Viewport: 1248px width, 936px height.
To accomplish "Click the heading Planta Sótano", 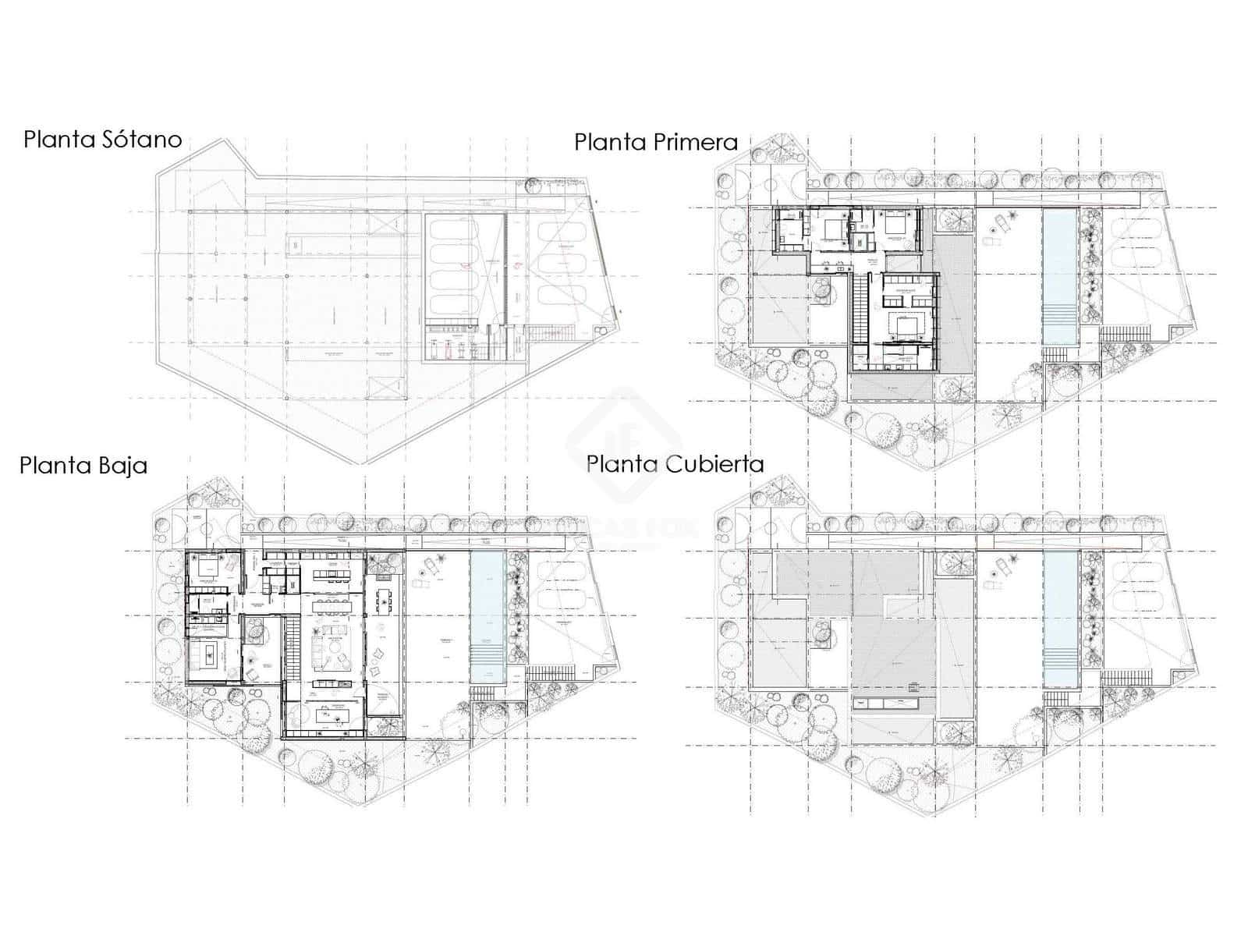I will (x=102, y=140).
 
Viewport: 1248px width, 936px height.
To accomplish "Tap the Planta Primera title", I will (x=655, y=142).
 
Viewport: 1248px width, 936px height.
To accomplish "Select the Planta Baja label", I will (x=83, y=466).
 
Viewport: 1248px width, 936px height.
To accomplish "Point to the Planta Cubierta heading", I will (x=675, y=463).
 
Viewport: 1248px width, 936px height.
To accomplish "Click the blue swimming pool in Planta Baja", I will (x=487, y=601).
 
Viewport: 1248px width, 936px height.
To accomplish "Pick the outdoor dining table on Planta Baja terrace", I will (x=384, y=599).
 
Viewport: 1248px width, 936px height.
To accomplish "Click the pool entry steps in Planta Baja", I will (x=487, y=663).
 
